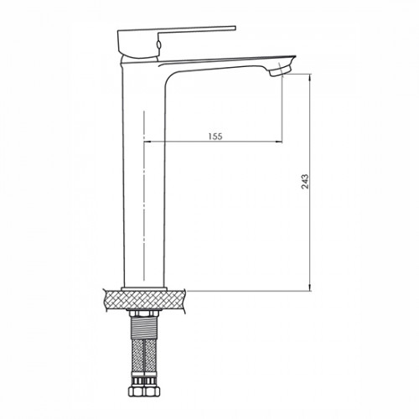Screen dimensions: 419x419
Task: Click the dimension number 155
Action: point(215,137)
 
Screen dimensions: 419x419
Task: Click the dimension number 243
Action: point(305,182)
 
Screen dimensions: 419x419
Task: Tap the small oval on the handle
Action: point(159,44)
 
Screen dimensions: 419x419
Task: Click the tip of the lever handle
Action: point(235,28)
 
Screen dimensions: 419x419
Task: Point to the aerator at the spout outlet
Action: point(280,70)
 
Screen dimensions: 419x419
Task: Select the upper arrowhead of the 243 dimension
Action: point(309,78)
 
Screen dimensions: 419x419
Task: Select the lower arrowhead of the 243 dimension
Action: point(309,287)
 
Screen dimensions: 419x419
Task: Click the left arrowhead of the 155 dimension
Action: point(147,142)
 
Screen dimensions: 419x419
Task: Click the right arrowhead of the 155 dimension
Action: point(278,142)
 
